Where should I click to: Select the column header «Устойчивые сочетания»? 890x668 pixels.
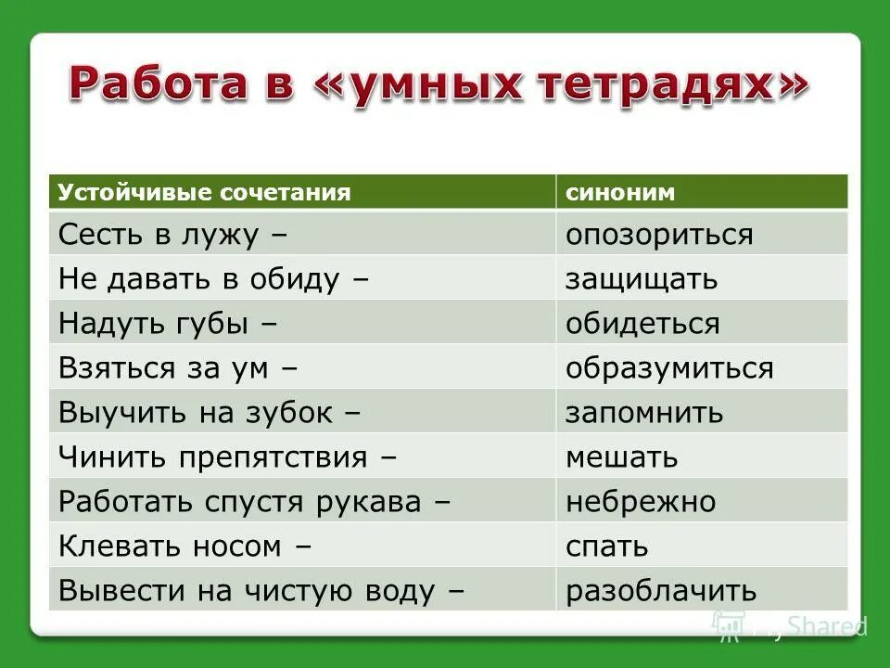click(205, 192)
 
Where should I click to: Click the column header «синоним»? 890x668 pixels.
click(620, 192)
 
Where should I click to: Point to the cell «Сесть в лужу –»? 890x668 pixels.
click(172, 235)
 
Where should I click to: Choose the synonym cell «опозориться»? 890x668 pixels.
click(659, 235)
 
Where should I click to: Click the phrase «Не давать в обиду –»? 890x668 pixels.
click(214, 279)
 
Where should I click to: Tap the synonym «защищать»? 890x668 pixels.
click(642, 279)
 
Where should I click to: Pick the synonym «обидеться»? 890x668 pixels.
click(642, 324)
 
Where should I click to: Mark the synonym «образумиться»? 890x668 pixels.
click(669, 368)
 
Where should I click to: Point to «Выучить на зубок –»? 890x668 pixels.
click(209, 413)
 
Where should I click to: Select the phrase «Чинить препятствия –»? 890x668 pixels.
click(228, 457)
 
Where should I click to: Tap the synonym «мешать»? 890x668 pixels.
click(622, 457)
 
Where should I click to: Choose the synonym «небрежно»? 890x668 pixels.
click(641, 502)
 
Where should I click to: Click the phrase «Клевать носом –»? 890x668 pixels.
click(184, 546)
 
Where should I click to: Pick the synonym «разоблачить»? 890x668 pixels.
click(661, 591)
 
